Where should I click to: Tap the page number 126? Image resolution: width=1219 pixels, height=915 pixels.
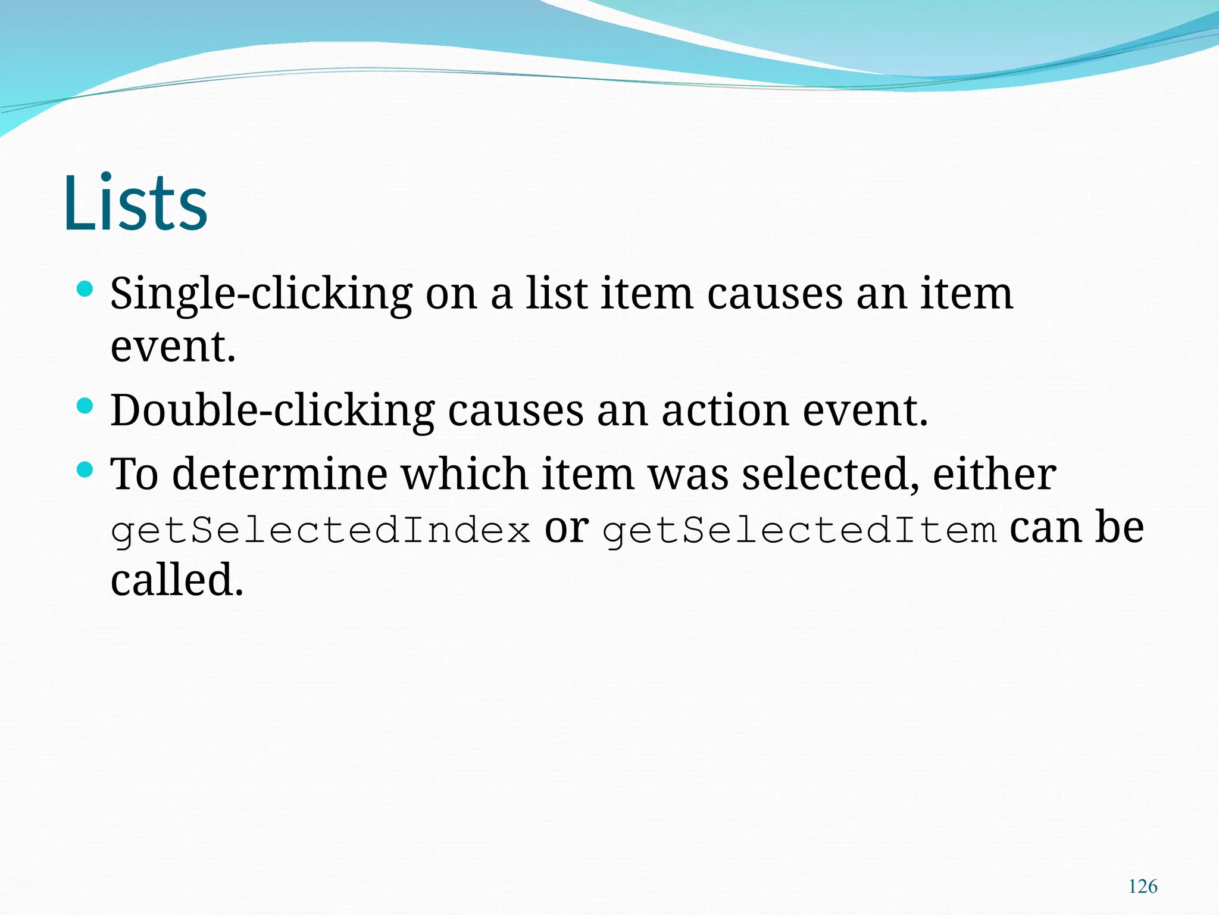[x=1143, y=886]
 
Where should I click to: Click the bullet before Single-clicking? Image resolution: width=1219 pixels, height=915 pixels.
[x=85, y=290]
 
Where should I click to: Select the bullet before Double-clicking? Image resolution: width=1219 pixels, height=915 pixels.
[x=85, y=406]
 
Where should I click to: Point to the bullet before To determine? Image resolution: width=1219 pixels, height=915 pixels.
[x=85, y=471]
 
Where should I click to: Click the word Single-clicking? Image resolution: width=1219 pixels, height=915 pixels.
[x=261, y=294]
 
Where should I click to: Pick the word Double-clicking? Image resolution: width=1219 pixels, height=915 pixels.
[x=273, y=411]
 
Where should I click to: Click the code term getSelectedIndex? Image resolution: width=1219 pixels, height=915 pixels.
[x=320, y=530]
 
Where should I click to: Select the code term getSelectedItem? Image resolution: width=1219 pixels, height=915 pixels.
[x=799, y=530]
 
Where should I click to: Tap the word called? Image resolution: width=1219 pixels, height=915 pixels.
[x=177, y=580]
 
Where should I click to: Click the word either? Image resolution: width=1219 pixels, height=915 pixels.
[x=994, y=475]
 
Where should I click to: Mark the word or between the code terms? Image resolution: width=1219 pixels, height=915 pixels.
[x=566, y=528]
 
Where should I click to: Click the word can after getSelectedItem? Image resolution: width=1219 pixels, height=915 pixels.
[x=1045, y=528]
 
